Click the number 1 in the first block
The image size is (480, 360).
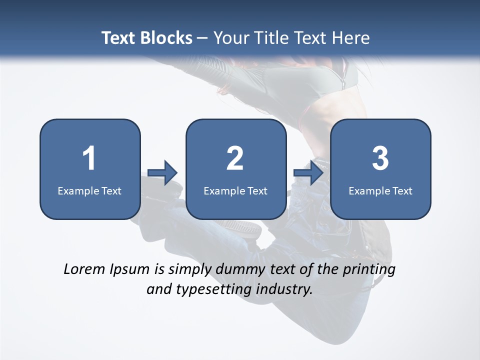(x=89, y=158)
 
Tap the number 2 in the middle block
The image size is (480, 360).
(x=235, y=158)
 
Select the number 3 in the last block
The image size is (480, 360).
(x=380, y=158)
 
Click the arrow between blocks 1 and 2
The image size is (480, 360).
(x=162, y=172)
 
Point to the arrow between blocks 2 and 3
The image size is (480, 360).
(x=309, y=172)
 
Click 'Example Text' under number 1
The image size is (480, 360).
(x=89, y=190)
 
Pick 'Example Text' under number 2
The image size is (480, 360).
(x=235, y=190)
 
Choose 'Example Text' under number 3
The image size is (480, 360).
(x=380, y=190)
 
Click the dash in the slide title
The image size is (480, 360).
(x=202, y=38)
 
